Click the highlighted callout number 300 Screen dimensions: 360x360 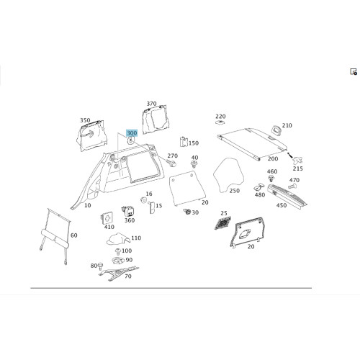(132, 133)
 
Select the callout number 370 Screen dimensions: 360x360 (151, 104)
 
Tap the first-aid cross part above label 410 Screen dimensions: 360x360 (107, 218)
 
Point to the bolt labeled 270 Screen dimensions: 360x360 (171, 163)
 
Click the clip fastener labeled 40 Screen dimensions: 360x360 (194, 164)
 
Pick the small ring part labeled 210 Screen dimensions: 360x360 (276, 130)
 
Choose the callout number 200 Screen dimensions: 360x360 (273, 158)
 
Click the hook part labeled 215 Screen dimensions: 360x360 (297, 160)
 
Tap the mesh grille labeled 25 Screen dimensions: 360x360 (222, 223)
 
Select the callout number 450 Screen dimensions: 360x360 (282, 205)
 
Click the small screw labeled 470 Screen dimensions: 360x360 (291, 186)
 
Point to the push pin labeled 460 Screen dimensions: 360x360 (271, 179)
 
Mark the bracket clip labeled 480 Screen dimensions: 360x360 (259, 187)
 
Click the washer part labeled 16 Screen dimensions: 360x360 (143, 199)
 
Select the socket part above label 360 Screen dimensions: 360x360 (127, 211)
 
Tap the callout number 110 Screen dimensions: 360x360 (136, 238)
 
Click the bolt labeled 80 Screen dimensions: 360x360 (100, 265)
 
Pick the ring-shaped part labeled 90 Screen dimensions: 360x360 (118, 260)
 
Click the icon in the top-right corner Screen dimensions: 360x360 (354, 72)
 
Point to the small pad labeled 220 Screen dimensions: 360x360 (220, 122)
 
